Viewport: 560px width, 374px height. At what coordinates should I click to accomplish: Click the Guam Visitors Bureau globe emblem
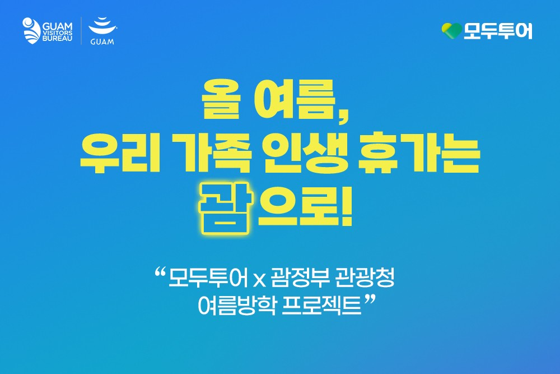pos(31,30)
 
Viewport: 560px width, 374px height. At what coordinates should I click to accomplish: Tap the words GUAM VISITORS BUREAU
pos(57,31)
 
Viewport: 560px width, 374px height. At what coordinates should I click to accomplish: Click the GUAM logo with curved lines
pos(102,31)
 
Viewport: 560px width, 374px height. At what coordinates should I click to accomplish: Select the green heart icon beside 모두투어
pos(451,31)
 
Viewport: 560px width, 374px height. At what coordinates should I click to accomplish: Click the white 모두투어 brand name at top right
pos(498,31)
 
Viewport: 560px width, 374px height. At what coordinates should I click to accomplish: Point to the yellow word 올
pos(221,99)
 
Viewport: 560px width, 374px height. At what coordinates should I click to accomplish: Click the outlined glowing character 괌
pos(225,208)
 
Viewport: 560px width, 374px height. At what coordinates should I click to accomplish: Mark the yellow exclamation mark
pos(345,207)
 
